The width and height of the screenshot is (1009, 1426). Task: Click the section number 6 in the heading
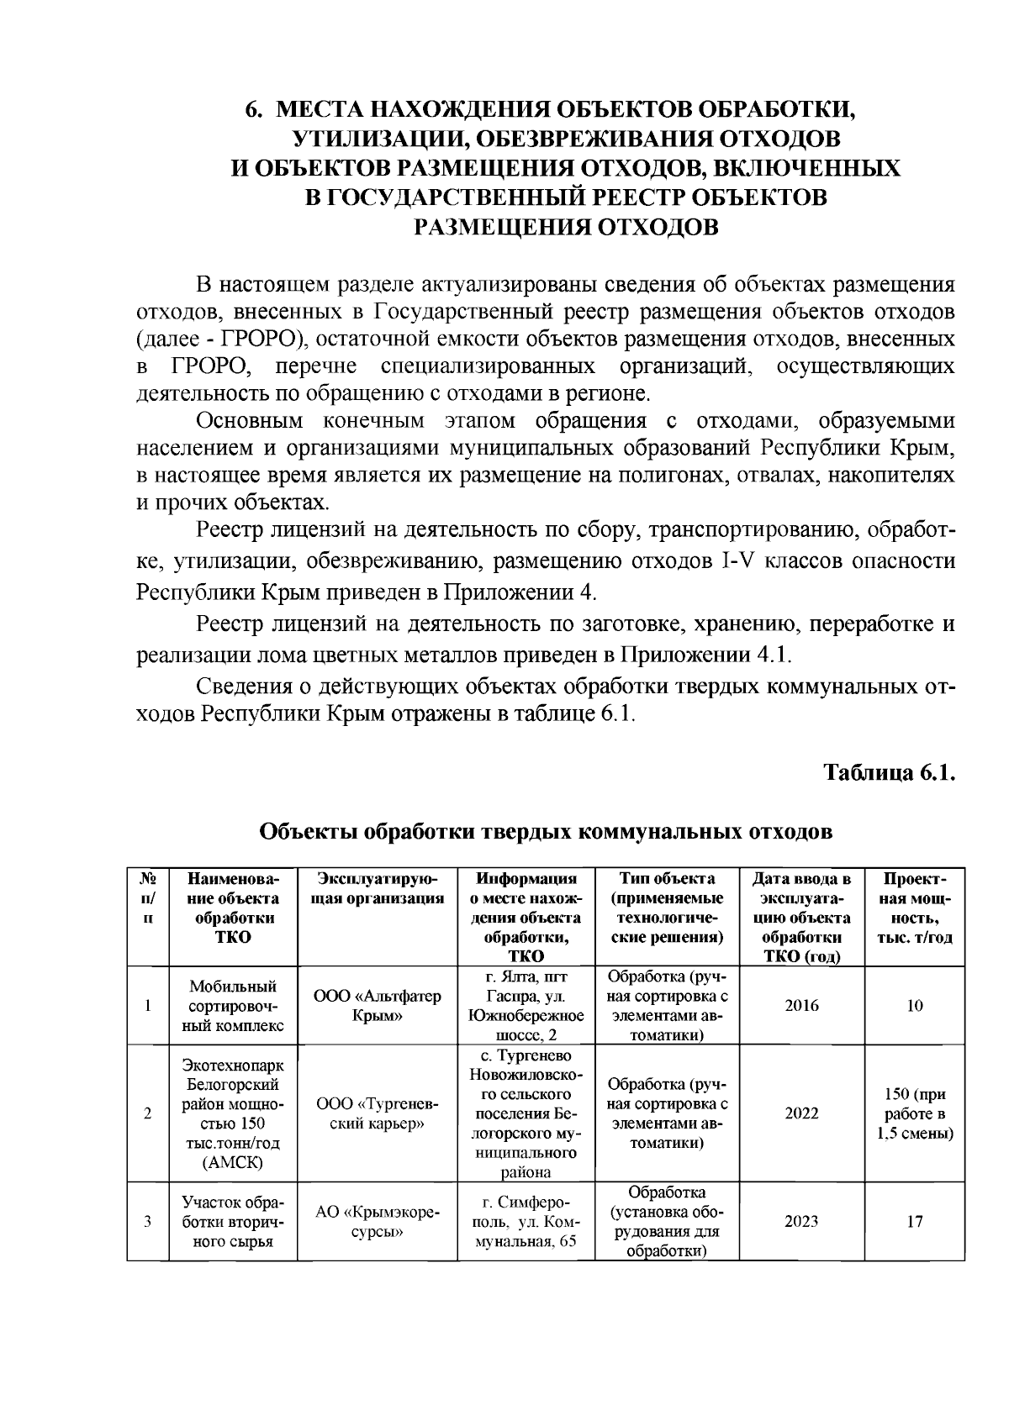click(x=250, y=110)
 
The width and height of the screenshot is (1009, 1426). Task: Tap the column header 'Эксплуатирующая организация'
click(x=378, y=889)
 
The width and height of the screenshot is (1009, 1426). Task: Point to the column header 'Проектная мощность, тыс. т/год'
click(x=915, y=908)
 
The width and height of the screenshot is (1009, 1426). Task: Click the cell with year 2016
click(x=801, y=1006)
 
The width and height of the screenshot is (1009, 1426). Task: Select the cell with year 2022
click(x=801, y=1113)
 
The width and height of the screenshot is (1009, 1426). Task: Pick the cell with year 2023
click(x=801, y=1222)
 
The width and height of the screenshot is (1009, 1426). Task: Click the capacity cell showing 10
click(x=915, y=1006)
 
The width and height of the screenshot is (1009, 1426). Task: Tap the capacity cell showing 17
click(x=915, y=1222)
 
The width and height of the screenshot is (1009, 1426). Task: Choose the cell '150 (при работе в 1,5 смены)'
click(x=915, y=1114)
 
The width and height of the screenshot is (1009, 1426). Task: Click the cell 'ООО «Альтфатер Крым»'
click(x=378, y=1006)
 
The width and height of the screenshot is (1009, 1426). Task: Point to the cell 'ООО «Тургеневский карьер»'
click(x=378, y=1113)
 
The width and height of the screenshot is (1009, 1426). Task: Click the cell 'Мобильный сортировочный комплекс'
click(x=233, y=1006)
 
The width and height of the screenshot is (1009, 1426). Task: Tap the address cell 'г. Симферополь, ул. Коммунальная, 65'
click(x=526, y=1222)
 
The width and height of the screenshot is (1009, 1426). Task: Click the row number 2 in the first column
click(x=148, y=1114)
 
